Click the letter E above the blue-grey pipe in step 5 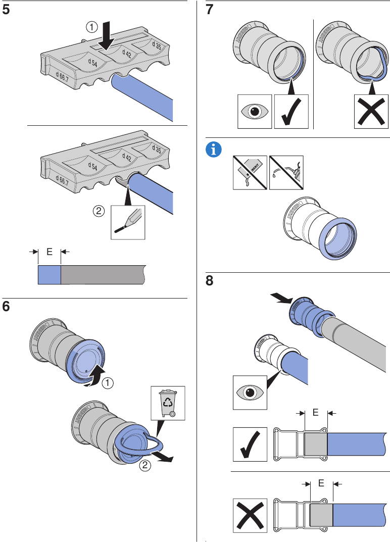(50, 251)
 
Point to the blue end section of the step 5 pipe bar (50, 274)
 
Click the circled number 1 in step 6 (107, 384)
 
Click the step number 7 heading (212, 11)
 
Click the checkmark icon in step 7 (291, 112)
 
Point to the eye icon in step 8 (250, 392)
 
